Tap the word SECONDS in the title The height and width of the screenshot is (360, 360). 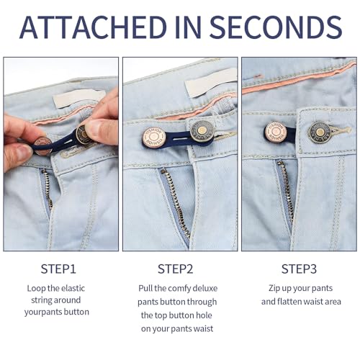(276, 27)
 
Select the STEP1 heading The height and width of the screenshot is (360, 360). (58, 269)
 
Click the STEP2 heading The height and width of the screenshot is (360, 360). (176, 269)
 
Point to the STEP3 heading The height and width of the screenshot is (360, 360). (299, 269)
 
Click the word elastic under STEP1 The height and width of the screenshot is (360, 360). (73, 288)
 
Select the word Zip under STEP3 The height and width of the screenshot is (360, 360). (274, 288)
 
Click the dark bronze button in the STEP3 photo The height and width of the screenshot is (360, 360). (319, 132)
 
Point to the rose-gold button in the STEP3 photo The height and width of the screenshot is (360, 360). (276, 132)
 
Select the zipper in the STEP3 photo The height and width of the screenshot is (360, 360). (287, 192)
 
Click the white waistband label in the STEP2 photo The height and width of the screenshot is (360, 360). (211, 82)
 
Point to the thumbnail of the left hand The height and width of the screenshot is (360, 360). (23, 152)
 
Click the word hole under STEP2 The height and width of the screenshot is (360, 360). (203, 315)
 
